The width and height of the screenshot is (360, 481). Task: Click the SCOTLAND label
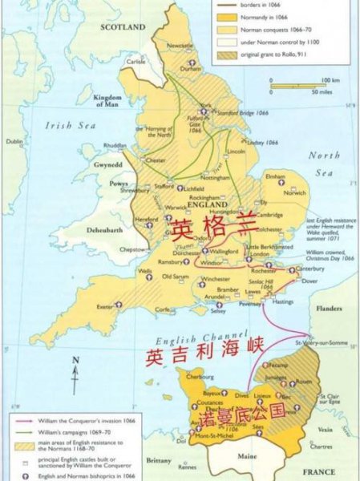123,26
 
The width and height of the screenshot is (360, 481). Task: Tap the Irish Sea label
71,125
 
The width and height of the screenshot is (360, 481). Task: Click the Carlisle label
136,61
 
